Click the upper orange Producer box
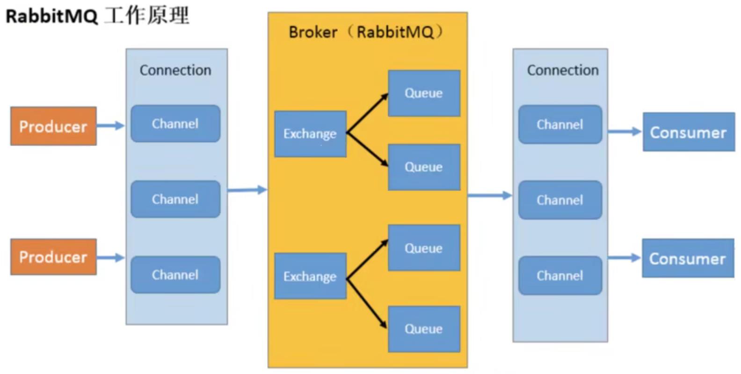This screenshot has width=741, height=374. (53, 126)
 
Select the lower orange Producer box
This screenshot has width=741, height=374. (53, 257)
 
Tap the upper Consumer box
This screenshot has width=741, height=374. (688, 132)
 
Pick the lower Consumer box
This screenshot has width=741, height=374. (687, 258)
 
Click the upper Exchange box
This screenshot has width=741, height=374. (310, 134)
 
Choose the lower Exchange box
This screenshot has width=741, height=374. (310, 276)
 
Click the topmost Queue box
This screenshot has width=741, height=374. (424, 93)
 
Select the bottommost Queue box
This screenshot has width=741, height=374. (424, 329)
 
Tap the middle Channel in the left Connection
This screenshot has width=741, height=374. (175, 199)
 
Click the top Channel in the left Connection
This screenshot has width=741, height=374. (175, 124)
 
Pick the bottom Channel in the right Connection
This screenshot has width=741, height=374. (560, 275)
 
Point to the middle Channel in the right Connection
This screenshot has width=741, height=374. (560, 200)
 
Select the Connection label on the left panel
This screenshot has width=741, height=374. (175, 70)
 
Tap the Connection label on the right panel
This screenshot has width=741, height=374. (563, 70)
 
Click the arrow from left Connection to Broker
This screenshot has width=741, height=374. (247, 190)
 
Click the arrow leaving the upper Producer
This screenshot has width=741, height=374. (111, 125)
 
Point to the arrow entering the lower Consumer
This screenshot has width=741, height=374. (625, 257)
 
